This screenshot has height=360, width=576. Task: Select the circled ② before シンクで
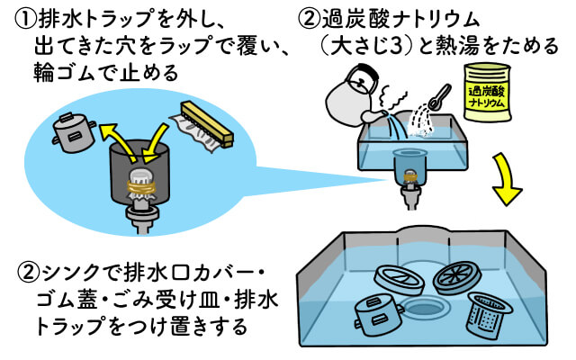[x=28, y=273]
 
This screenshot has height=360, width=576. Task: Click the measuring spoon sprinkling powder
[x=439, y=97]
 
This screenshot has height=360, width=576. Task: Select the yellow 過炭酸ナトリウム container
[x=487, y=92]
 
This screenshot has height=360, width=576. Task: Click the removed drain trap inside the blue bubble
[x=74, y=132]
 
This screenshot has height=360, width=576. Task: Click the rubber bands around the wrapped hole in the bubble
[x=142, y=186]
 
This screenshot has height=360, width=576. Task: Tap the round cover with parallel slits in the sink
[x=400, y=279]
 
